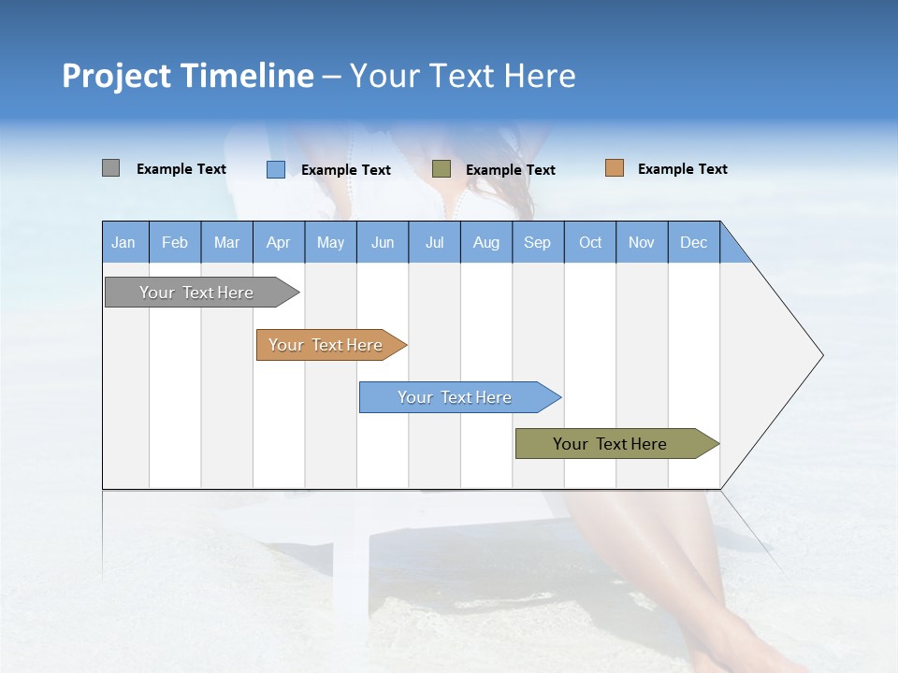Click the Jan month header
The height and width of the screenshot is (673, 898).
pos(124,242)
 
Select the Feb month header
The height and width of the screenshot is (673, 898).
pos(175,242)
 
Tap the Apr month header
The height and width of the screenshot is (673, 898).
pos(279,242)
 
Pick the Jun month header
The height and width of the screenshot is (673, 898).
pos(383,242)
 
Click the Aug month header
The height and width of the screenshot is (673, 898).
pos(486,242)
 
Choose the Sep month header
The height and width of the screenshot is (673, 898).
pos(538,242)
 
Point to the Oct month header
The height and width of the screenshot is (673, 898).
pos(590,242)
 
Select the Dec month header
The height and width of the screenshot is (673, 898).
pos(694,242)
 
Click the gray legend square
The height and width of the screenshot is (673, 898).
pos(110,168)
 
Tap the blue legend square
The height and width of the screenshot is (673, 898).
pos(275,169)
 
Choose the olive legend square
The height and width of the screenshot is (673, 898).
pos(442,169)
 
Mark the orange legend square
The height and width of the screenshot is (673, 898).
pos(614,168)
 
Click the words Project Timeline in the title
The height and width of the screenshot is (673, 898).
pos(188,76)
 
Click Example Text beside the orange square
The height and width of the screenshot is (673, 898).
pos(682,169)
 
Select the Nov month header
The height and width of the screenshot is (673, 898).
pos(642,242)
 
